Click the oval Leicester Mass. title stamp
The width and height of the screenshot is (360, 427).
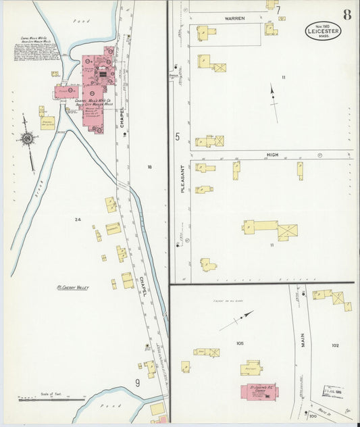(x=323, y=31)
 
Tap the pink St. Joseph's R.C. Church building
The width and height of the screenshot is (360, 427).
(x=257, y=393)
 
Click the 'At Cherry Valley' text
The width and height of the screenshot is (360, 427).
(x=73, y=287)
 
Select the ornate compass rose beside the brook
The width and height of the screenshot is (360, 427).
(x=28, y=139)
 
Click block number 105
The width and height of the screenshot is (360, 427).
(x=239, y=344)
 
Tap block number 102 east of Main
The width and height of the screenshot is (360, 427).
(x=335, y=345)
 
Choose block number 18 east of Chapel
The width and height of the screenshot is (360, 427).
(x=149, y=166)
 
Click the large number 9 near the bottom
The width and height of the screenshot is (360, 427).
(x=137, y=383)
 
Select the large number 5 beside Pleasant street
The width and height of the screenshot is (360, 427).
(x=178, y=137)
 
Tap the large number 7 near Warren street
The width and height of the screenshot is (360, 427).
(x=278, y=10)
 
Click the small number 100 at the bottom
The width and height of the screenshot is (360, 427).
(x=312, y=416)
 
